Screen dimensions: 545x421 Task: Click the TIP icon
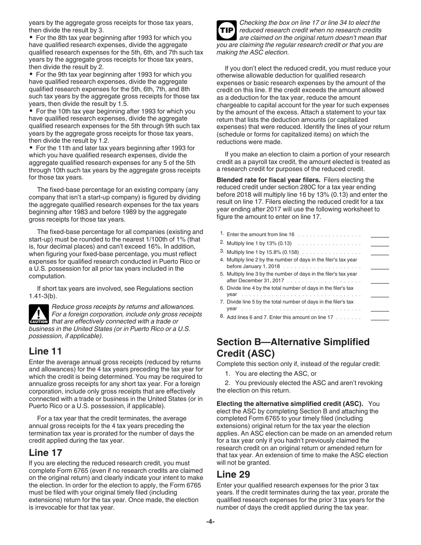point(226,30)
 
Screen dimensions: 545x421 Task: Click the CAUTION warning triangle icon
point(39,314)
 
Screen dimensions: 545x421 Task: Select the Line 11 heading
point(45,351)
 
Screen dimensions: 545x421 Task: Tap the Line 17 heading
point(45,452)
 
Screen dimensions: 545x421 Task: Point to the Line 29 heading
point(233,474)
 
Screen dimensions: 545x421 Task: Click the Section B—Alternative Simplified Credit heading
point(293,347)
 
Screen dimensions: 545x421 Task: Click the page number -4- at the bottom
point(210,522)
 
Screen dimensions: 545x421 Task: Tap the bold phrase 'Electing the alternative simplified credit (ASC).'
point(290,404)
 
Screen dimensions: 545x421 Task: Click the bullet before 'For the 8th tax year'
point(31,38)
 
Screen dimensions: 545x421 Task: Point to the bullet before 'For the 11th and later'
point(31,148)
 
